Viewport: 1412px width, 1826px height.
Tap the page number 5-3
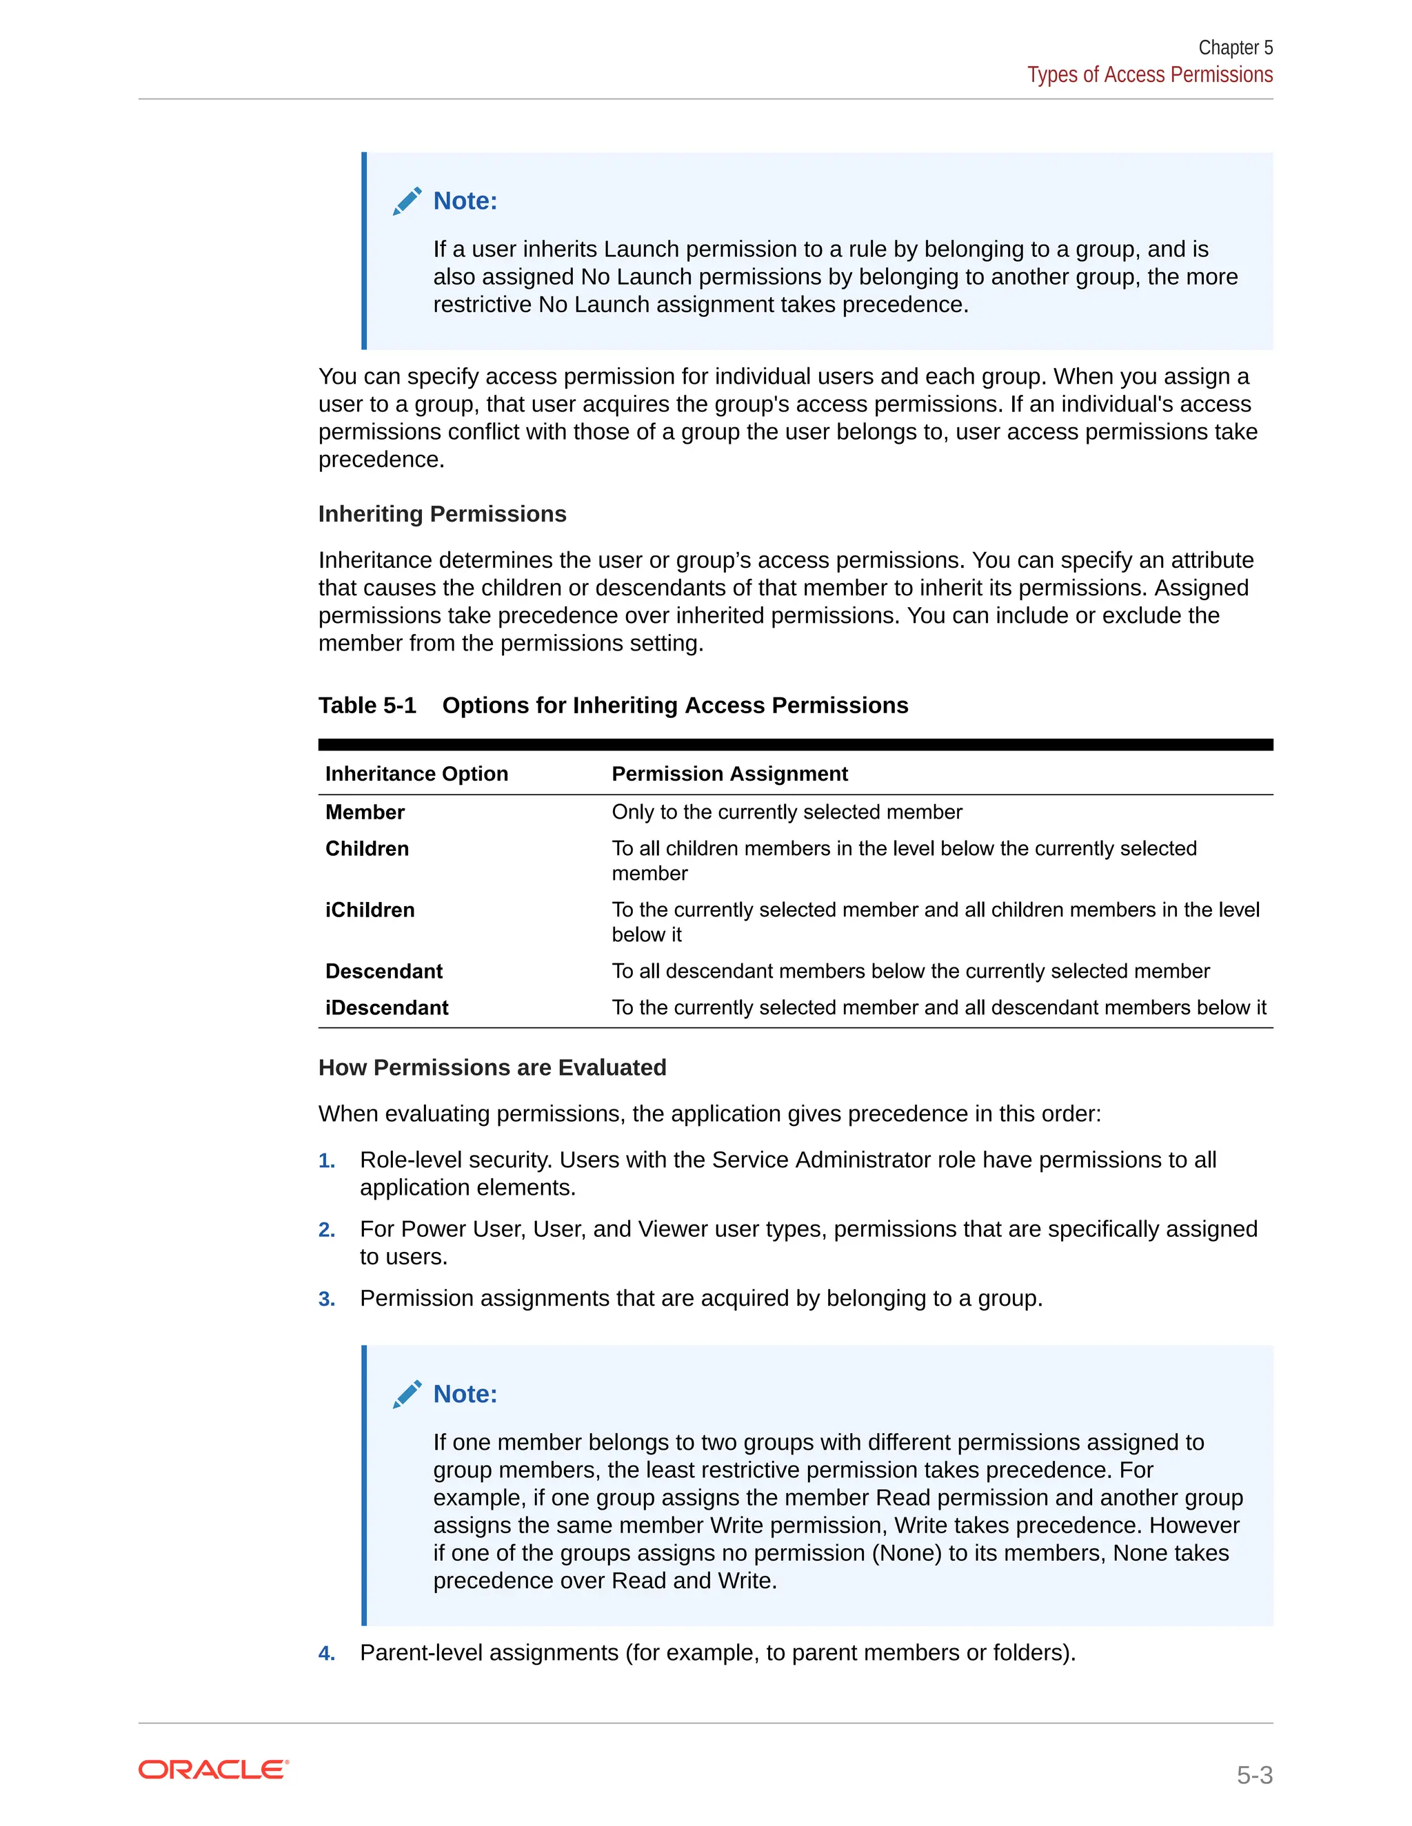[x=1254, y=1775]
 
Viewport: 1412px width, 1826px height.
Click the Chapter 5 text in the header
[x=1235, y=48]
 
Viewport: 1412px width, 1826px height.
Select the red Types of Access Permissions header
[x=1149, y=75]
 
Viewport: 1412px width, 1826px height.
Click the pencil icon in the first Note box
[x=407, y=201]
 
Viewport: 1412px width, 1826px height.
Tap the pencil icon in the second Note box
[x=407, y=1395]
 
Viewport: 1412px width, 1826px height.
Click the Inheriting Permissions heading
[x=442, y=514]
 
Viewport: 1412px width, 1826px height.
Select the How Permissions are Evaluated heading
[x=492, y=1067]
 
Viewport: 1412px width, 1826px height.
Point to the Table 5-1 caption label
[x=367, y=706]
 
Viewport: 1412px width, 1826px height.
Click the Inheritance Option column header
[x=416, y=774]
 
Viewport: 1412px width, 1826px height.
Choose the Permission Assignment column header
[x=729, y=774]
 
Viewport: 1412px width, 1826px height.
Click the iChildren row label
[x=370, y=910]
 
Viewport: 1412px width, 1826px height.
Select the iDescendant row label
[x=387, y=1007]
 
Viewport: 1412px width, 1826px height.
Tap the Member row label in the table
[x=365, y=812]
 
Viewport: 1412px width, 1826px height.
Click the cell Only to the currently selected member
[x=786, y=812]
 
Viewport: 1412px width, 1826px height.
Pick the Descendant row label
[x=384, y=972]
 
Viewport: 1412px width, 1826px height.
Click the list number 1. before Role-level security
[x=326, y=1161]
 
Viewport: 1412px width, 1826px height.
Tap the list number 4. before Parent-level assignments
[x=326, y=1654]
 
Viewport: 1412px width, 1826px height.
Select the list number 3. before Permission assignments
[x=326, y=1300]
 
